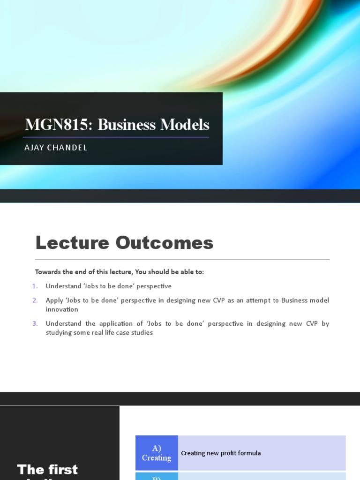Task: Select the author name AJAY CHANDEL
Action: click(56, 148)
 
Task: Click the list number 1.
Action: click(35, 286)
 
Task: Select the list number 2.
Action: click(35, 300)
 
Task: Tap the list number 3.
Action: click(35, 324)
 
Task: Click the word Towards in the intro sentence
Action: click(48, 272)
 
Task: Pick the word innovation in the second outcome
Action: click(62, 310)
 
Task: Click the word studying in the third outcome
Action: click(59, 333)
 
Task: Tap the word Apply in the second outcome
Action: click(54, 300)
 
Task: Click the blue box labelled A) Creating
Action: click(157, 453)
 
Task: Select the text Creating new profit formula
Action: click(221, 453)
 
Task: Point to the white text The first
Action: click(47, 469)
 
